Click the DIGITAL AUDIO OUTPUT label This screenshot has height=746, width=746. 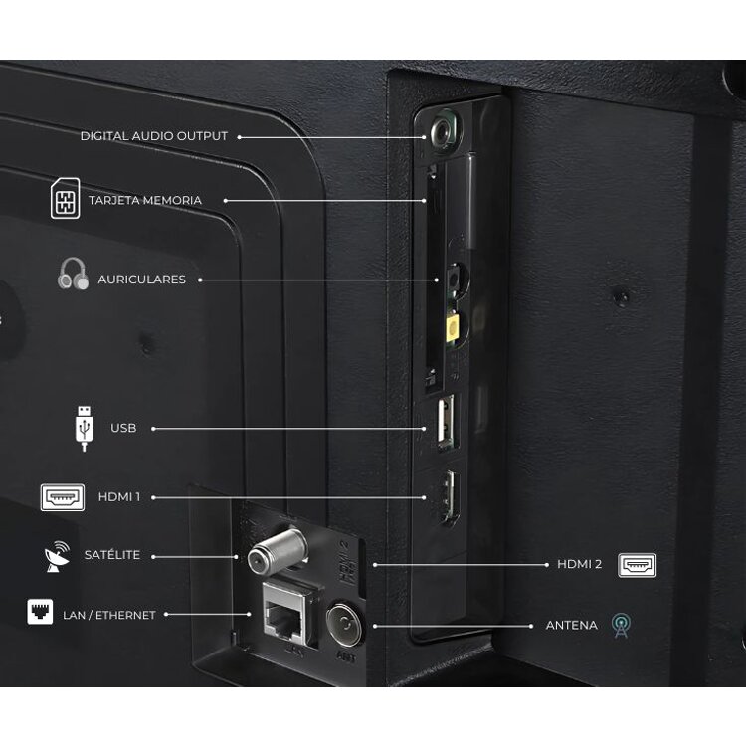click(153, 136)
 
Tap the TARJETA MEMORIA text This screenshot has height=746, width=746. click(145, 200)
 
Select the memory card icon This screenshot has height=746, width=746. click(66, 198)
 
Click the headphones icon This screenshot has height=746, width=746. click(74, 274)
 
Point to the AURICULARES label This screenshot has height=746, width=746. click(142, 280)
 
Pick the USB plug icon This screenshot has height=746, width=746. click(85, 428)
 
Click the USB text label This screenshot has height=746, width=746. click(123, 428)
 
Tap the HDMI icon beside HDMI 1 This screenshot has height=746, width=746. click(63, 497)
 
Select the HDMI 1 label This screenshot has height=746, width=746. click(119, 497)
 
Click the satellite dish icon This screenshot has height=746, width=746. click(57, 556)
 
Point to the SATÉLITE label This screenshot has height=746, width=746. click(112, 555)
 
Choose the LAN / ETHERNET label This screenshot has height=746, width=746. click(109, 615)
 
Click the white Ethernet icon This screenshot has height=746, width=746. click(40, 612)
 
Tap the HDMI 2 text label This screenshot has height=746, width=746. click(580, 564)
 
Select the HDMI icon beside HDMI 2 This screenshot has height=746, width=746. click(637, 565)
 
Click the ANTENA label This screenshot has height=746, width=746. click(571, 626)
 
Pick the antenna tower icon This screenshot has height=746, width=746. click(622, 626)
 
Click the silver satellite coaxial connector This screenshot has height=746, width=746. click(277, 550)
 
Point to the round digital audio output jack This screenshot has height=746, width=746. click(445, 131)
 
